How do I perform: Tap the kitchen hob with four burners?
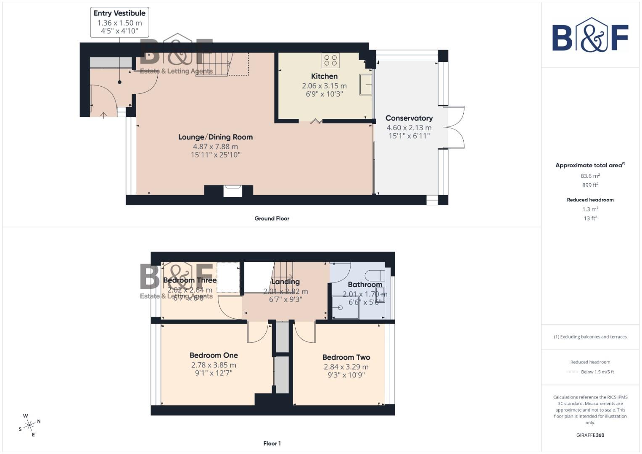pos(330,61)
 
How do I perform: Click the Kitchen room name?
pos(324,77)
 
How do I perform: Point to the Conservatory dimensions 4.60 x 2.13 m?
pos(409,128)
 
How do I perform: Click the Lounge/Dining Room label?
pos(215,137)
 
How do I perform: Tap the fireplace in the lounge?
pos(232,191)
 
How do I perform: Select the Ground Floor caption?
pos(272,219)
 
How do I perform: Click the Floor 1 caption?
pos(272,443)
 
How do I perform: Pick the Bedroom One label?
pos(214,356)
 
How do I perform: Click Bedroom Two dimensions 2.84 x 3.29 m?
pos(346,367)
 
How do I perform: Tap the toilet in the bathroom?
pos(374,275)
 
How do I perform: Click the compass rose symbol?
pos(29,425)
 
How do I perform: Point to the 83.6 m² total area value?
pos(590,176)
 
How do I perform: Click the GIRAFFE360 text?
pos(590,435)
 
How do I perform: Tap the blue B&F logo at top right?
pos(590,36)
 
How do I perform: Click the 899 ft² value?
pos(590,185)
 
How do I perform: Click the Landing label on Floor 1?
pos(285,282)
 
